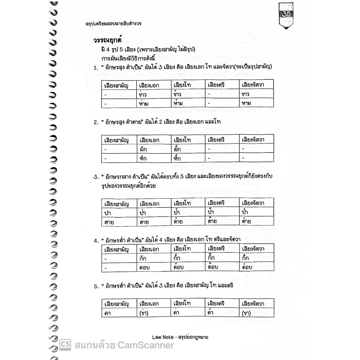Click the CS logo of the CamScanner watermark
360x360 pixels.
click(65, 345)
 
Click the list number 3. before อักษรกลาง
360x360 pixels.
click(95, 177)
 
